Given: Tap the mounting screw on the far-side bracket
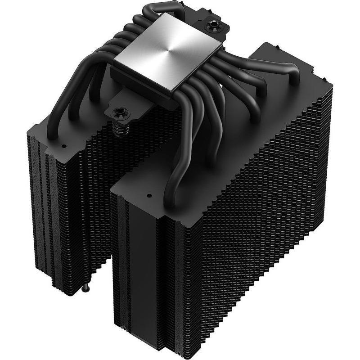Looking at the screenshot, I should tap(211, 27).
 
